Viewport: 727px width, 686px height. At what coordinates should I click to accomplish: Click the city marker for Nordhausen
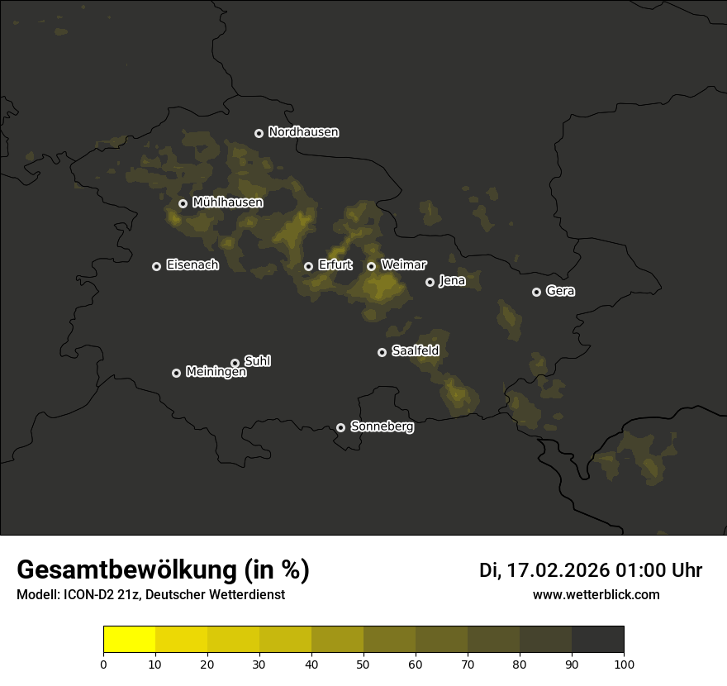(259, 133)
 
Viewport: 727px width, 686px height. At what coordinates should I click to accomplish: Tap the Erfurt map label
(335, 265)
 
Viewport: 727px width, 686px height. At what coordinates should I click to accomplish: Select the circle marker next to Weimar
(371, 266)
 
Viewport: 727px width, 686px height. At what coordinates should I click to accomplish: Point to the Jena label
(452, 281)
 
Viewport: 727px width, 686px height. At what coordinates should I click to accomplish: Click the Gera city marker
(536, 292)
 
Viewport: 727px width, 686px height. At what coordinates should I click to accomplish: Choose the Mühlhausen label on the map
(227, 202)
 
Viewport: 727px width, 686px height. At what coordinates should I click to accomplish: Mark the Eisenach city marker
(156, 266)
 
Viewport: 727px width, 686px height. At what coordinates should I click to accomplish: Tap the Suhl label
(257, 361)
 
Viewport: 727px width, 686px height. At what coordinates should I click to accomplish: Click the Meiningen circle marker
(176, 373)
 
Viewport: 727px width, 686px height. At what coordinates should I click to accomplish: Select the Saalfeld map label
(415, 351)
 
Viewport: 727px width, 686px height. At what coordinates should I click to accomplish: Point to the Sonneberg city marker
(340, 427)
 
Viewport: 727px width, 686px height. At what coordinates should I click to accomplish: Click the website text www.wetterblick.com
(596, 594)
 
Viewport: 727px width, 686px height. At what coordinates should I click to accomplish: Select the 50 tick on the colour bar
(363, 664)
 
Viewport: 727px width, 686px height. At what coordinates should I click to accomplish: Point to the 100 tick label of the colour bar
(624, 664)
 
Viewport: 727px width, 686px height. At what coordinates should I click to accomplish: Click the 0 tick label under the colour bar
(103, 664)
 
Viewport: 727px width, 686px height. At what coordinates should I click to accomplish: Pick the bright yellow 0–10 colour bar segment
(129, 640)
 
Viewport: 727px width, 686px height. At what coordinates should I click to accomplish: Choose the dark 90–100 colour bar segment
(597, 640)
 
